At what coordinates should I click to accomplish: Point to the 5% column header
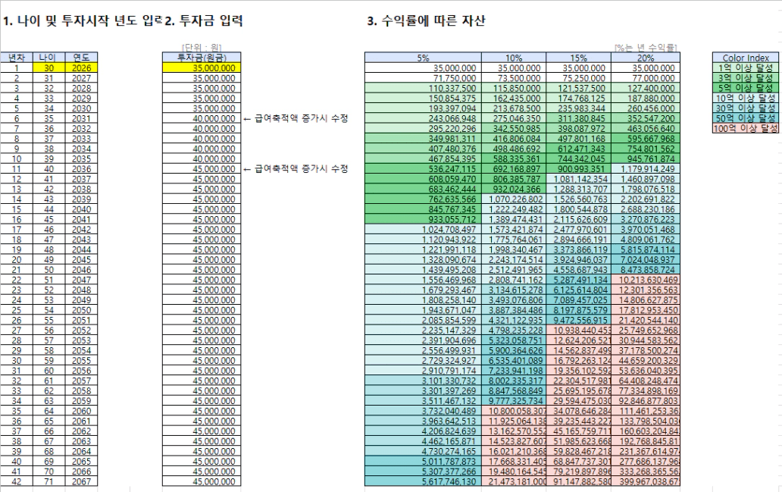point(423,58)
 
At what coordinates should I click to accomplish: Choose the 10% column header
point(514,58)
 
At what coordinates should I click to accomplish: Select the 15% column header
point(578,58)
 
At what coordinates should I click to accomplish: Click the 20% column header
point(645,58)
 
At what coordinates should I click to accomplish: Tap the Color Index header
point(746,58)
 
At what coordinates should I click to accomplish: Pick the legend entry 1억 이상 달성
point(746,67)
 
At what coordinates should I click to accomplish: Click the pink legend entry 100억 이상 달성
point(746,128)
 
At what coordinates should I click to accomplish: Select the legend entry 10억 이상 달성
point(746,98)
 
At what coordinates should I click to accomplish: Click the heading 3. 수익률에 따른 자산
point(425,22)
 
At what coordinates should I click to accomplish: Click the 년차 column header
point(16,58)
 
